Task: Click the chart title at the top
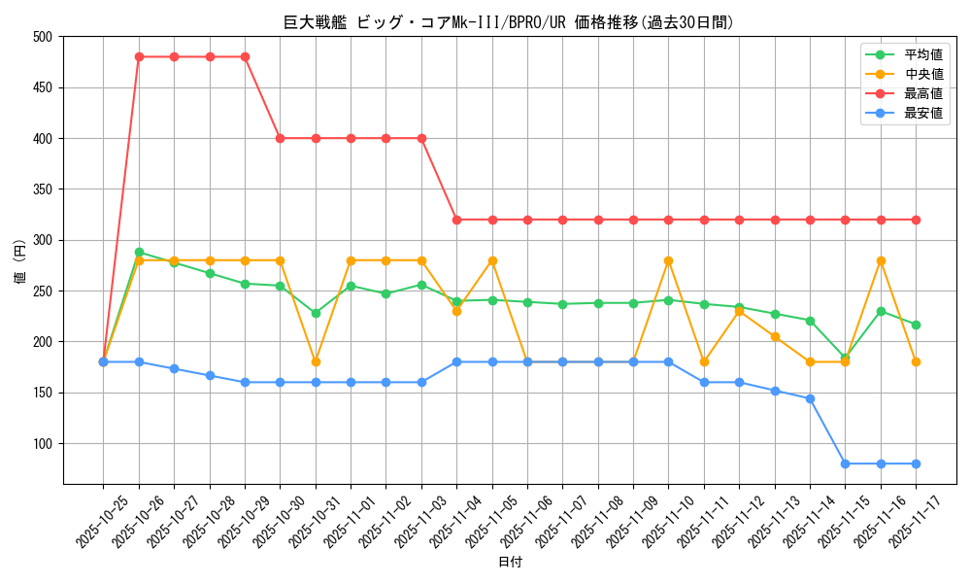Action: click(509, 22)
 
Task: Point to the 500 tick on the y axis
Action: click(43, 37)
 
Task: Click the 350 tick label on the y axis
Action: click(43, 189)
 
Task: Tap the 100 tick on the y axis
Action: click(43, 444)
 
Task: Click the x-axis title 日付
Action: click(510, 563)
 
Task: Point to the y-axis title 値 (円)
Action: click(20, 260)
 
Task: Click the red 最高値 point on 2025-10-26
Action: click(139, 56)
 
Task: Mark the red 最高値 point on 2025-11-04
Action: click(456, 220)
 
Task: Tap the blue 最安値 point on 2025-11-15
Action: click(845, 463)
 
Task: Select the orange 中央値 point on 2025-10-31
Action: click(316, 361)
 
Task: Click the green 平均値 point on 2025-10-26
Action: click(139, 253)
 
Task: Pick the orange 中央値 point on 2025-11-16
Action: click(881, 260)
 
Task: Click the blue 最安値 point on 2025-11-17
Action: click(916, 463)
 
